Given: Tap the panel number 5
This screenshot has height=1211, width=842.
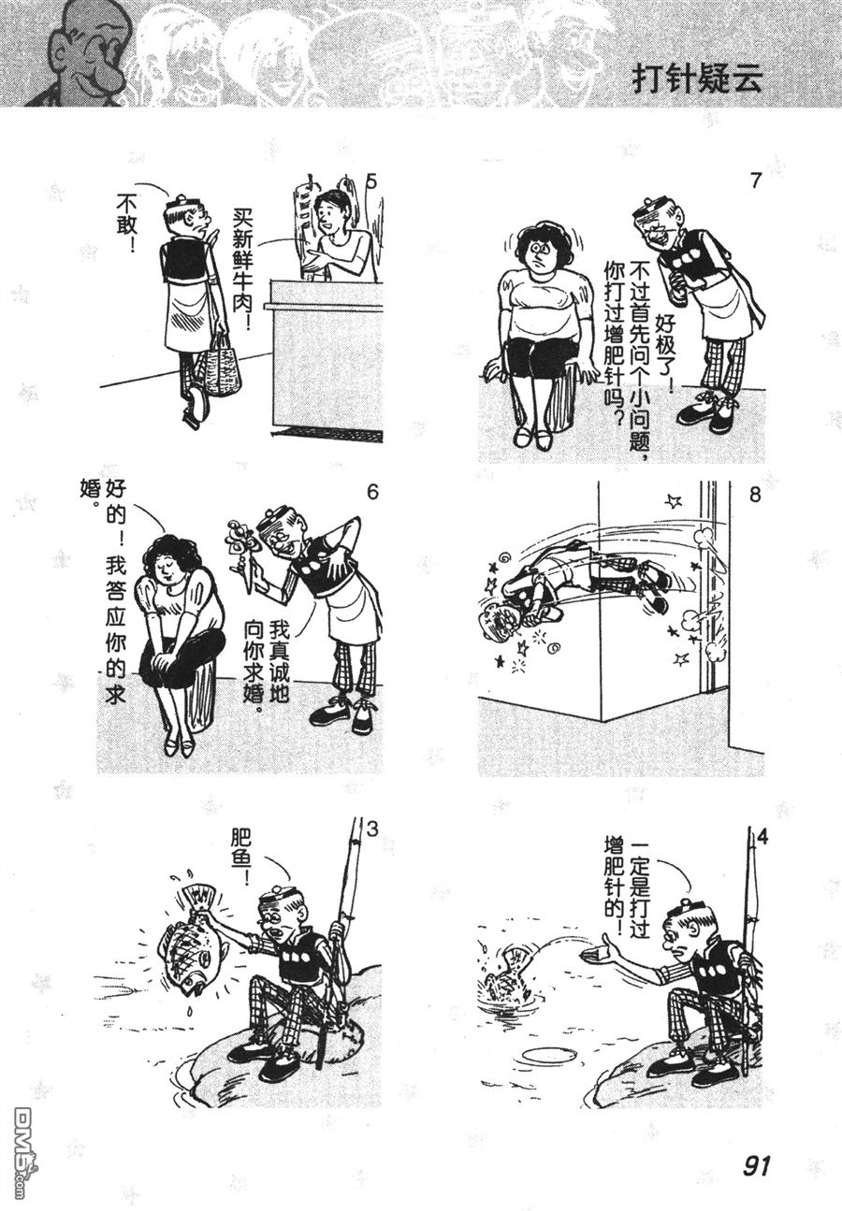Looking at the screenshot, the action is (371, 181).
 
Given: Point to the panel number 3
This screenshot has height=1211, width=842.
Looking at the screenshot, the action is (372, 829).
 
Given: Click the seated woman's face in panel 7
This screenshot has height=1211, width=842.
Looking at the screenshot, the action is (541, 253).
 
